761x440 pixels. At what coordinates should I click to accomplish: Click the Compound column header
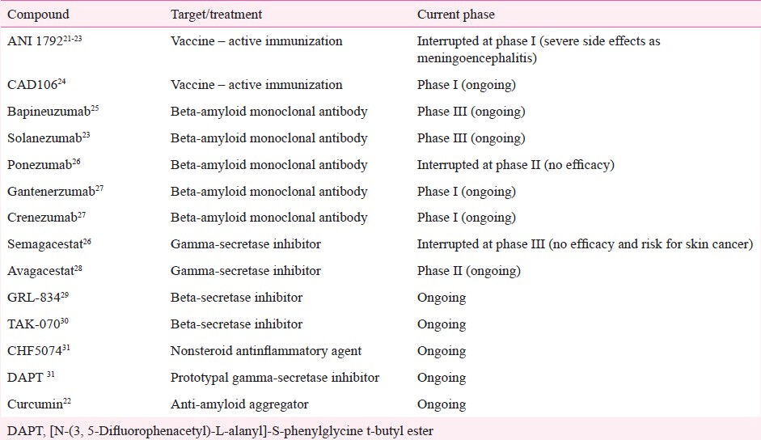[38, 15]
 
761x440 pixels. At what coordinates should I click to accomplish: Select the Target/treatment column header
[216, 15]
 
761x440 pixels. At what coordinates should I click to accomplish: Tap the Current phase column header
[456, 15]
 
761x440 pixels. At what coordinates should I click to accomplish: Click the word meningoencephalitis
[476, 58]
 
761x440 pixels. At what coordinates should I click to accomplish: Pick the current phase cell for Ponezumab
[515, 165]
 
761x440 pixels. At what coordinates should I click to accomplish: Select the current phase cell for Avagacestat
[468, 270]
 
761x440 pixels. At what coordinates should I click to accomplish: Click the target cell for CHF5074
[266, 351]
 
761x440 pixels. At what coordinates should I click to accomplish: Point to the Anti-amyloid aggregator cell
[239, 404]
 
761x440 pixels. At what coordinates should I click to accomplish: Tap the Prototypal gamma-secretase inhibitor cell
[275, 378]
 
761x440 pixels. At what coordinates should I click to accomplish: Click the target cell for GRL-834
[236, 297]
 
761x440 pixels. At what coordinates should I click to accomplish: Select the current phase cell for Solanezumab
[471, 138]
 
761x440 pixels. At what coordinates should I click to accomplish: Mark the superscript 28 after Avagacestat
[78, 268]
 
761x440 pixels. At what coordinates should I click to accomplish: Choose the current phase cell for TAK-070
[442, 324]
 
